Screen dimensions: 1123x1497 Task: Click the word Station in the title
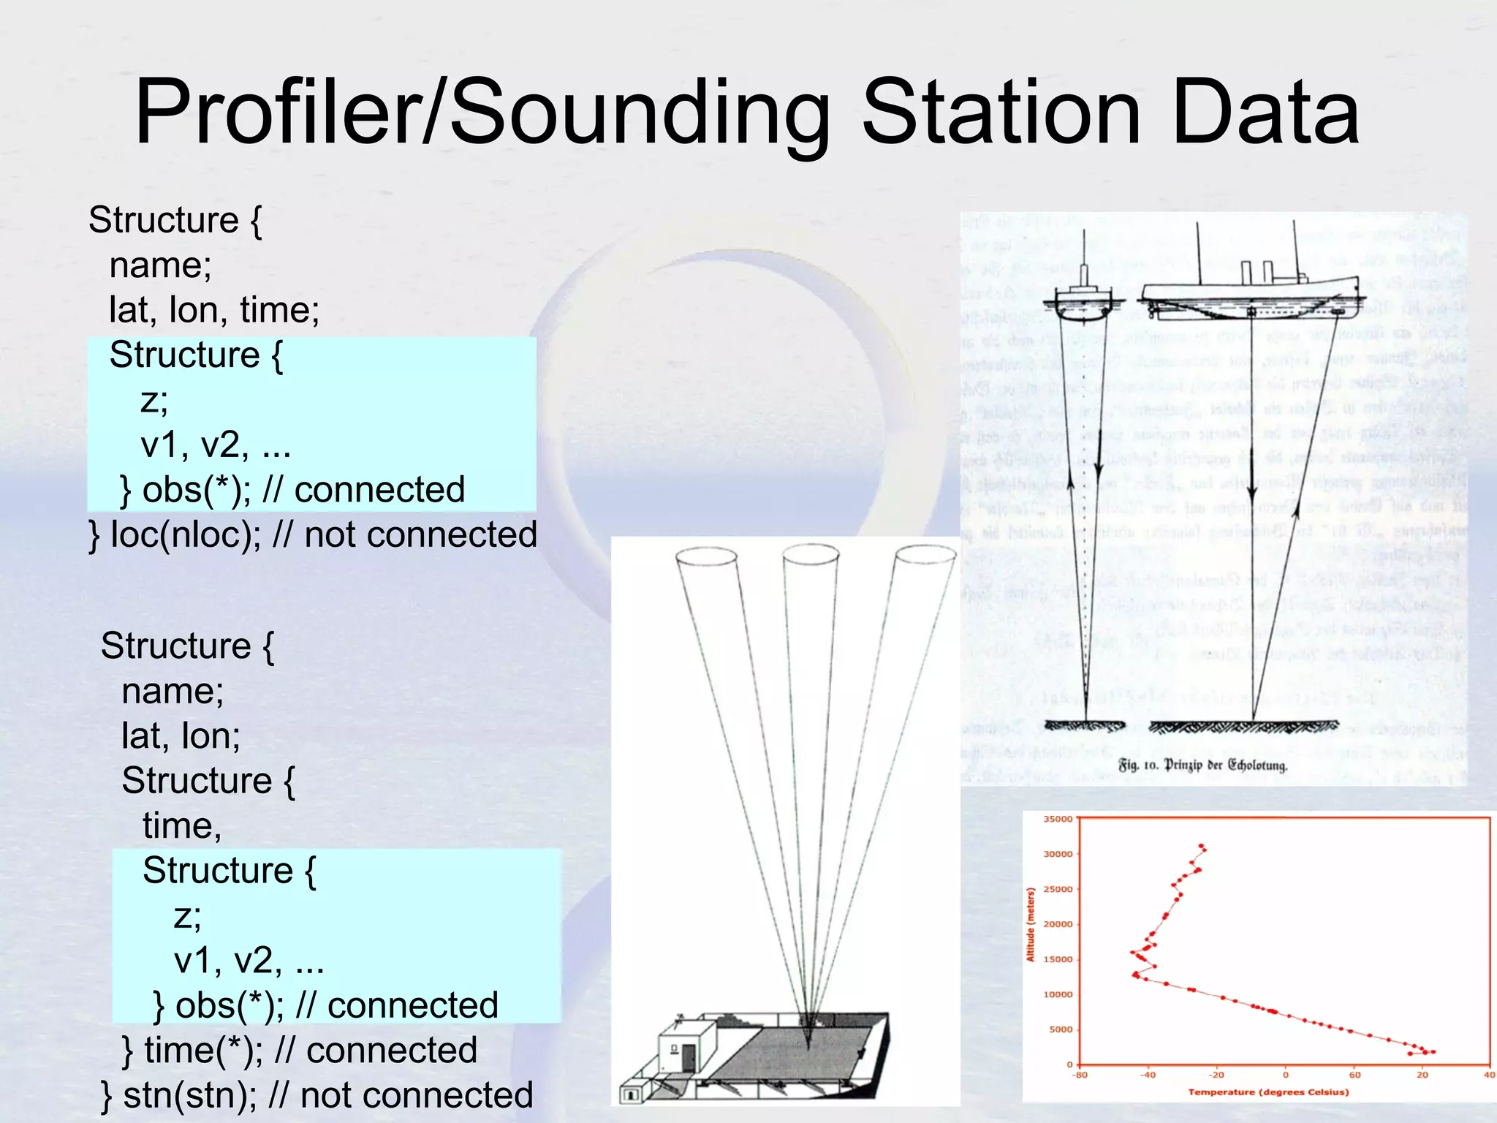[1001, 113]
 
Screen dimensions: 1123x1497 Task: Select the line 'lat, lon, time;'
[214, 309]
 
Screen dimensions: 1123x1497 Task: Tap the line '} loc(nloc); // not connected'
[313, 534]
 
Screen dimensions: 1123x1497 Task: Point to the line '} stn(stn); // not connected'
[317, 1094]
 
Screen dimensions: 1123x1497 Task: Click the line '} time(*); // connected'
[300, 1050]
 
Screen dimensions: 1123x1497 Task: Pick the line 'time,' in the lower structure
[181, 825]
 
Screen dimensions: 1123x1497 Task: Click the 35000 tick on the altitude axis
[1058, 819]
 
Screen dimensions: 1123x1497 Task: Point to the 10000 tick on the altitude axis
[1058, 994]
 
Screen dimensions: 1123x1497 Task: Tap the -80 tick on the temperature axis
[1079, 1075]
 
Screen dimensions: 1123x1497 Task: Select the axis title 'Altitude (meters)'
[1031, 924]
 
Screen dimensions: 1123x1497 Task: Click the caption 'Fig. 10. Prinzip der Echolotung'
[1202, 765]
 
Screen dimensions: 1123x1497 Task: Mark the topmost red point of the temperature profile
[1200, 845]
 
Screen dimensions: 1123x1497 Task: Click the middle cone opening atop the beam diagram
[811, 555]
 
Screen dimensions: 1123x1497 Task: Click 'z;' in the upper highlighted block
[154, 400]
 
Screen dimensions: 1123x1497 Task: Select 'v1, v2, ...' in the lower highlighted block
[249, 961]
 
